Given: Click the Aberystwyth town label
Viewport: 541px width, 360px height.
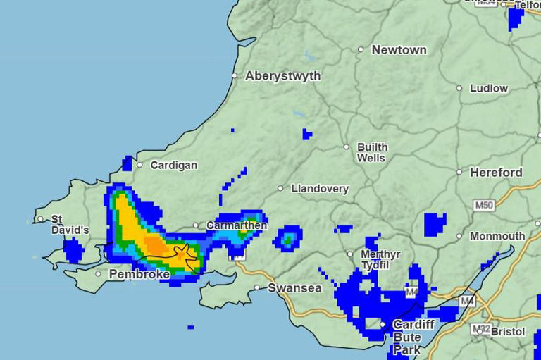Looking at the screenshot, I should tap(282, 76).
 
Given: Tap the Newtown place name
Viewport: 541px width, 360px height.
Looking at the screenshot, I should tap(399, 50).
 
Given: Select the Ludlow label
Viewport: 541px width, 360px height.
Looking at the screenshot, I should tap(489, 89).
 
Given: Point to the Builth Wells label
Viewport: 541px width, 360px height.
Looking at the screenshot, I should tap(371, 153).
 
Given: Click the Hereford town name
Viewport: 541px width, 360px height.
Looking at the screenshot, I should tap(497, 173).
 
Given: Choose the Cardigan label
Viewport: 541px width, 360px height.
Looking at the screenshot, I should tap(174, 166).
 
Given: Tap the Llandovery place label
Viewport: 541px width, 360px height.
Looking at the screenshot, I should tap(320, 189).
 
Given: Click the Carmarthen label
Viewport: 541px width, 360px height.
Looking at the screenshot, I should tap(237, 225).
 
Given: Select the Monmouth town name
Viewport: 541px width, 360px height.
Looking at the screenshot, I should tap(497, 237).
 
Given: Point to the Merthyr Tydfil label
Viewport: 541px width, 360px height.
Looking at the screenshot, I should tap(380, 259).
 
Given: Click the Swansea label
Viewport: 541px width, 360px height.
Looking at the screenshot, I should tap(294, 288).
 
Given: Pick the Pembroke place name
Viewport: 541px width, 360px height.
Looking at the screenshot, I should tap(139, 274).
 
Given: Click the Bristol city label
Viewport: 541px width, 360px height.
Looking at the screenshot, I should tap(508, 332).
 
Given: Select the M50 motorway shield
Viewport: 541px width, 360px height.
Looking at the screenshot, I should tap(484, 206).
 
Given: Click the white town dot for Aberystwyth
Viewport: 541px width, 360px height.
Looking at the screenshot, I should tap(235, 75).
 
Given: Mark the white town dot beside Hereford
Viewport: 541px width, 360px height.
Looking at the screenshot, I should tap(459, 172).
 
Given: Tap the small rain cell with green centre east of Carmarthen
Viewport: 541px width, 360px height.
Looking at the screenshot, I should tap(287, 239).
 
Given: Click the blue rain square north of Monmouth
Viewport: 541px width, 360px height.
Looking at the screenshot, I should tap(435, 224).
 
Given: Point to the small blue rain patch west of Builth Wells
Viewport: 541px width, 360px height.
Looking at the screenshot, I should tap(306, 134).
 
